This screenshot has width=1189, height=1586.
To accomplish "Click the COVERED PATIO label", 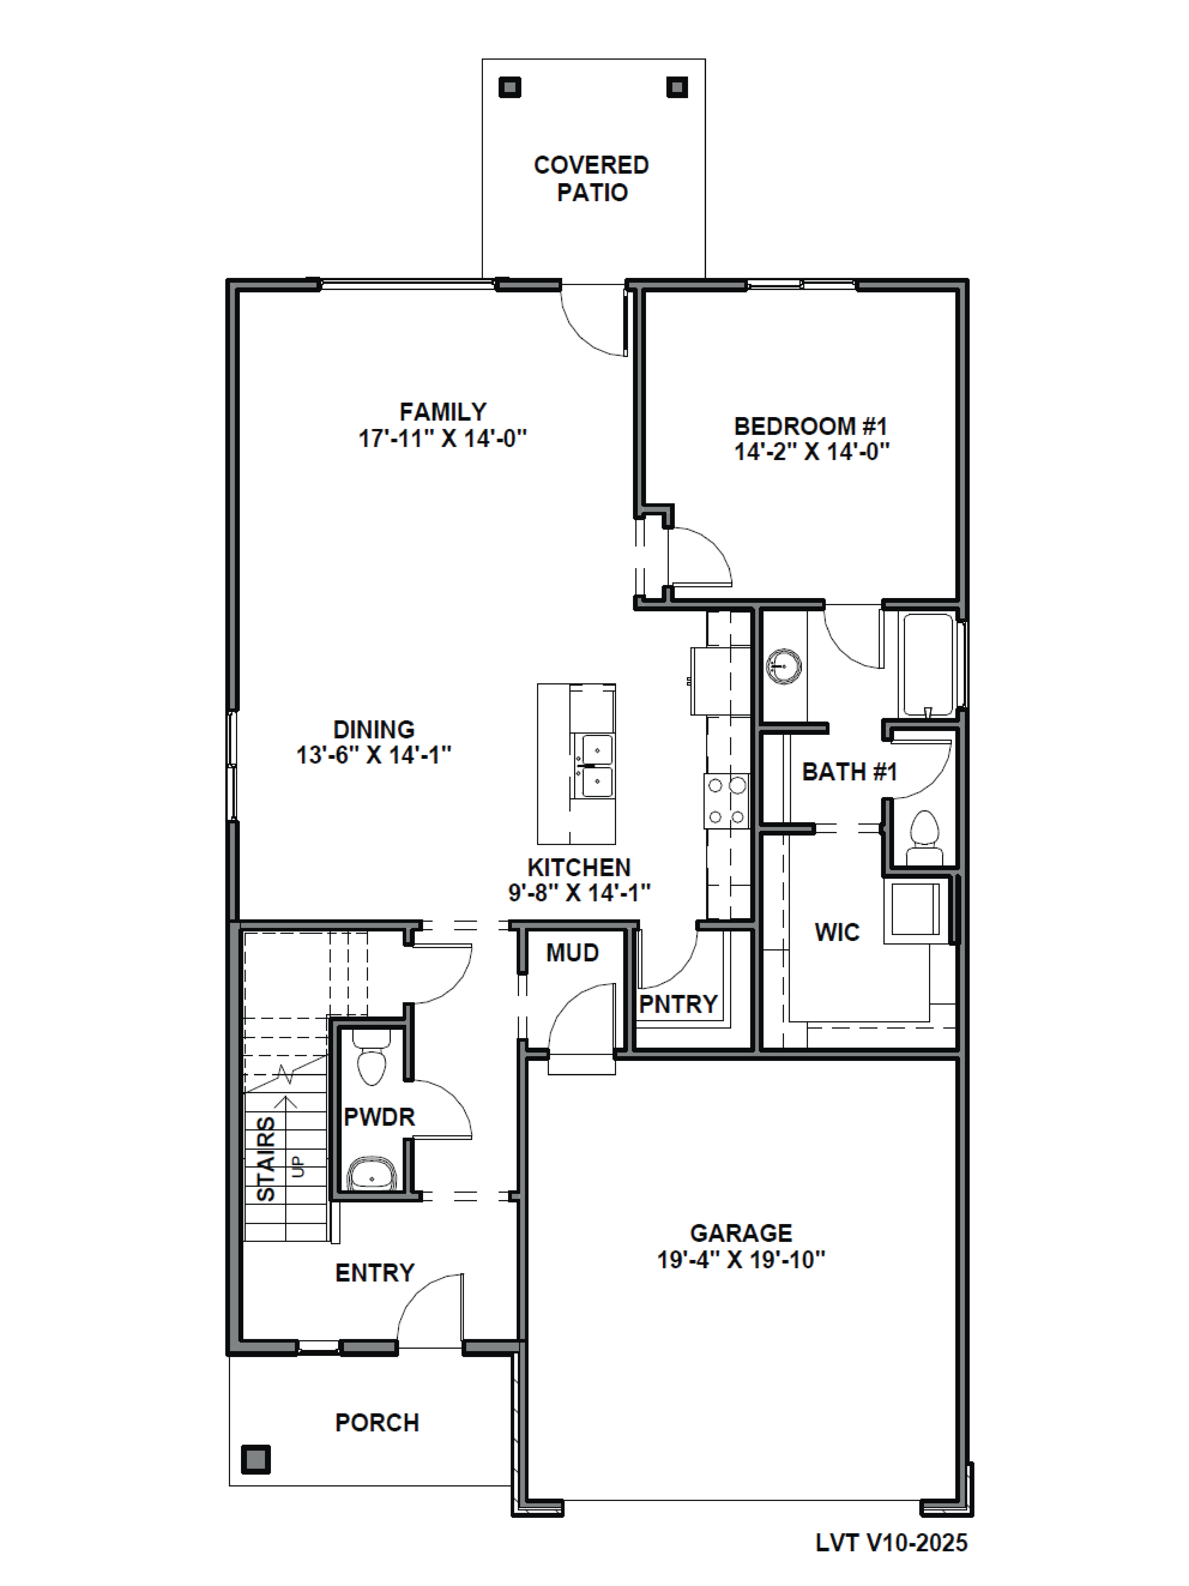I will click(x=591, y=179).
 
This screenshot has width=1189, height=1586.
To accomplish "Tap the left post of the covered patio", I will click(x=509, y=87).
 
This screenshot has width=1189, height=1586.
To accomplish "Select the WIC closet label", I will click(x=836, y=932).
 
